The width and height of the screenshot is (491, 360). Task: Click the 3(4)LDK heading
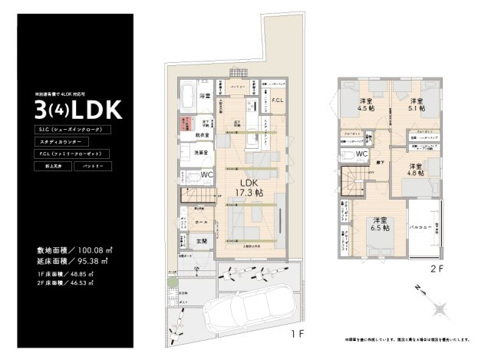77,108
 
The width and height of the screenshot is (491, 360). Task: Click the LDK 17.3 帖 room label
249,188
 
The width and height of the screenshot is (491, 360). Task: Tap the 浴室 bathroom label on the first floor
205,96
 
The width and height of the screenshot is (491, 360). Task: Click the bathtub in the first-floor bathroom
188,98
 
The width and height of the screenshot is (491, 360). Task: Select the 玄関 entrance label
201,242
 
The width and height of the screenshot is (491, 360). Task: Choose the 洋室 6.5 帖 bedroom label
375,223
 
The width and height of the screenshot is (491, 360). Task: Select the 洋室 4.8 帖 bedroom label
417,170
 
